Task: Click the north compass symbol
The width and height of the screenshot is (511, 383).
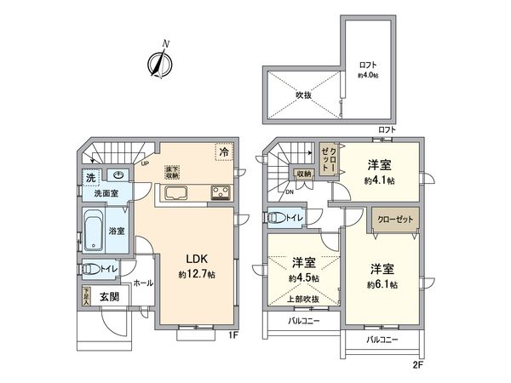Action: [160, 61]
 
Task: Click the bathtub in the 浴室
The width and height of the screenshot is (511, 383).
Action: [95, 231]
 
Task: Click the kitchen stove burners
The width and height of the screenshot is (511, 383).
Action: [220, 191]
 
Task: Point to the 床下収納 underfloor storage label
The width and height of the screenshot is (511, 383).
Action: [173, 173]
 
